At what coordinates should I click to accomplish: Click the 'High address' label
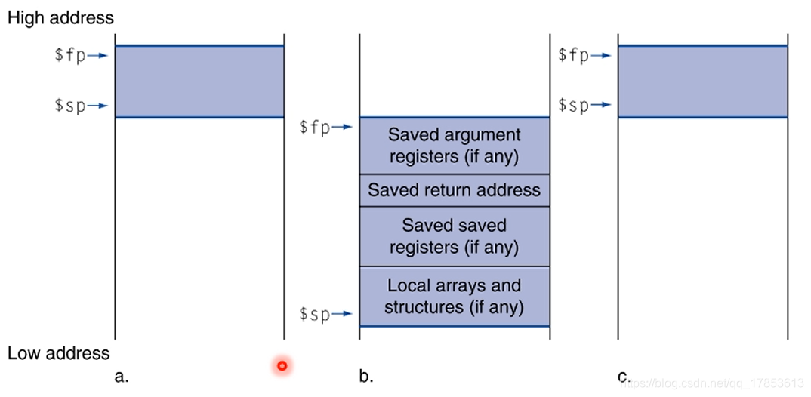60,18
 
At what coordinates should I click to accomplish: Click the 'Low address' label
59,353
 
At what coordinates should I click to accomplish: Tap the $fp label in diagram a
69,56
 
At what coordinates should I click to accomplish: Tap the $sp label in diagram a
69,106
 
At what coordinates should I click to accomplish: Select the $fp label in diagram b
314,127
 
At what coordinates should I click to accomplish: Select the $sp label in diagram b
314,314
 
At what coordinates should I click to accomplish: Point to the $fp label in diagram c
573,55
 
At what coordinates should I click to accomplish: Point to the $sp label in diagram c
573,105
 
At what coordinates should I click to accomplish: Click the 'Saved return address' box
454,190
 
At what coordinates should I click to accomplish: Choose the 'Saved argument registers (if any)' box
454,146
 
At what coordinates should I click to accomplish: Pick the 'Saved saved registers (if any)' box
454,236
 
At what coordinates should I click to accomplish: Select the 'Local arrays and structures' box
454,296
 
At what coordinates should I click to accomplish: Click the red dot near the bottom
282,366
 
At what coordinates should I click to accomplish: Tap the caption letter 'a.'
121,376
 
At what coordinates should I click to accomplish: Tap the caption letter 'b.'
366,376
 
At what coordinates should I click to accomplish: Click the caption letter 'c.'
624,376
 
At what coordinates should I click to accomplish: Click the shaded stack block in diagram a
199,82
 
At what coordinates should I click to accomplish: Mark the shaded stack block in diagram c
702,82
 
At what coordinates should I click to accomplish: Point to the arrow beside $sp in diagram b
344,314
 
